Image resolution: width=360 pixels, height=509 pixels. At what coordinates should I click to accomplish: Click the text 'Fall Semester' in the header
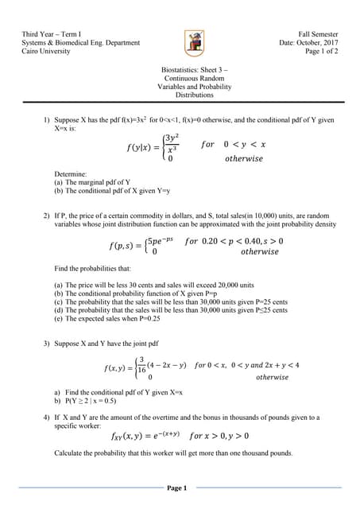click(318, 35)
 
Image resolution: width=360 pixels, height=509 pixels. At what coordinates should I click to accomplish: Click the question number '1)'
click(46, 120)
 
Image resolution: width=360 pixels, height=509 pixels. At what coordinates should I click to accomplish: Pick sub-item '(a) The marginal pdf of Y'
click(95, 182)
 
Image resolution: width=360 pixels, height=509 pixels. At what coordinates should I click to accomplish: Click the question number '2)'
click(46, 216)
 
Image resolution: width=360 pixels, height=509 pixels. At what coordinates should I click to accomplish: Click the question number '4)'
click(46, 418)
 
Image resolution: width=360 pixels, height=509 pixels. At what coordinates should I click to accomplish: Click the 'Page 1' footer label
click(176, 488)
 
